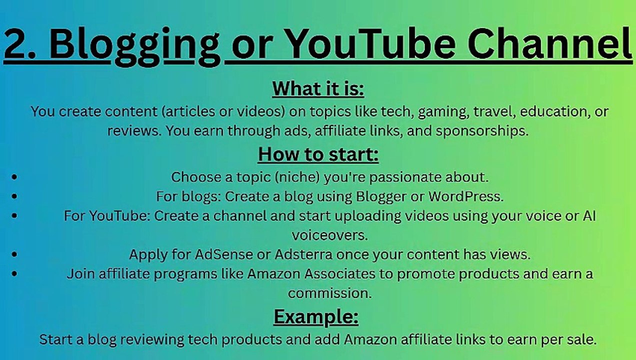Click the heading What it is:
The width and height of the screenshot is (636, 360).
tap(318, 89)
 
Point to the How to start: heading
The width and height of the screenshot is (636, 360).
tap(318, 154)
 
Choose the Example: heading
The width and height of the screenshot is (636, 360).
tap(316, 317)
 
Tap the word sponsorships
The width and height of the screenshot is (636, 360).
tap(481, 131)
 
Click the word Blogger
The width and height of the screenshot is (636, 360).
tap(381, 196)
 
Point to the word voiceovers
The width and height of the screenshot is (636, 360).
tap(329, 235)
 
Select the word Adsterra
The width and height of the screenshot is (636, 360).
tap(303, 254)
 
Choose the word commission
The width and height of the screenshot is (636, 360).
tap(329, 293)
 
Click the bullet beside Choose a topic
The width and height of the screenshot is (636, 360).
tap(14, 177)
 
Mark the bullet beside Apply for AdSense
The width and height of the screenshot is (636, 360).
tap(14, 254)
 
